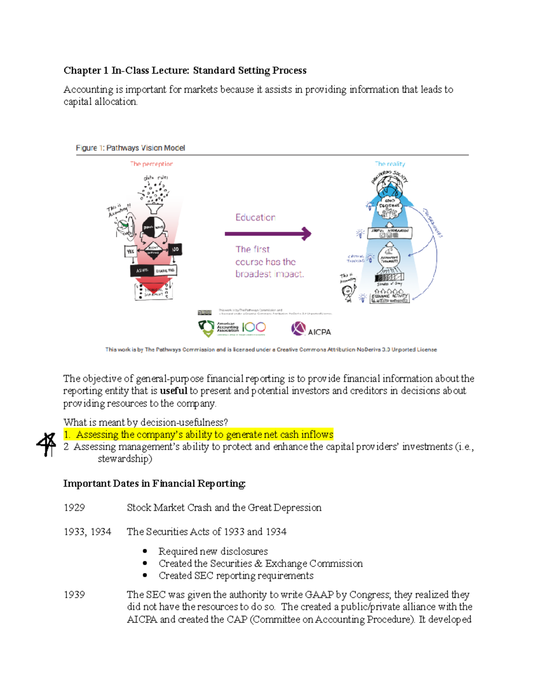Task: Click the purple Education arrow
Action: [x=268, y=234]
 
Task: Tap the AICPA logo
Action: [x=311, y=329]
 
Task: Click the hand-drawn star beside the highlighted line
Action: [x=46, y=444]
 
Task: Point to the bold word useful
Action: [x=173, y=391]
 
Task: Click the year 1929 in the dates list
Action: [x=74, y=508]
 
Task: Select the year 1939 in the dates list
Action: [x=74, y=595]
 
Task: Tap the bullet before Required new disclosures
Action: [x=145, y=551]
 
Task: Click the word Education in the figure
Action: [x=255, y=217]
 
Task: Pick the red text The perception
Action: [x=151, y=164]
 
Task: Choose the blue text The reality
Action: [x=390, y=164]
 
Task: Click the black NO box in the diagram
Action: [x=175, y=249]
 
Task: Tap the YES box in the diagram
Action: [x=130, y=251]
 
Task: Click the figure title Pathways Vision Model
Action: [x=145, y=148]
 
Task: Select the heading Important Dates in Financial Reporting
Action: [x=154, y=483]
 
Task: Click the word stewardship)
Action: [x=125, y=459]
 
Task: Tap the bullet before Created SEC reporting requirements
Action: [x=145, y=576]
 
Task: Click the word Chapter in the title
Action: [x=82, y=70]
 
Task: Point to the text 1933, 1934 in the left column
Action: [x=87, y=532]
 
